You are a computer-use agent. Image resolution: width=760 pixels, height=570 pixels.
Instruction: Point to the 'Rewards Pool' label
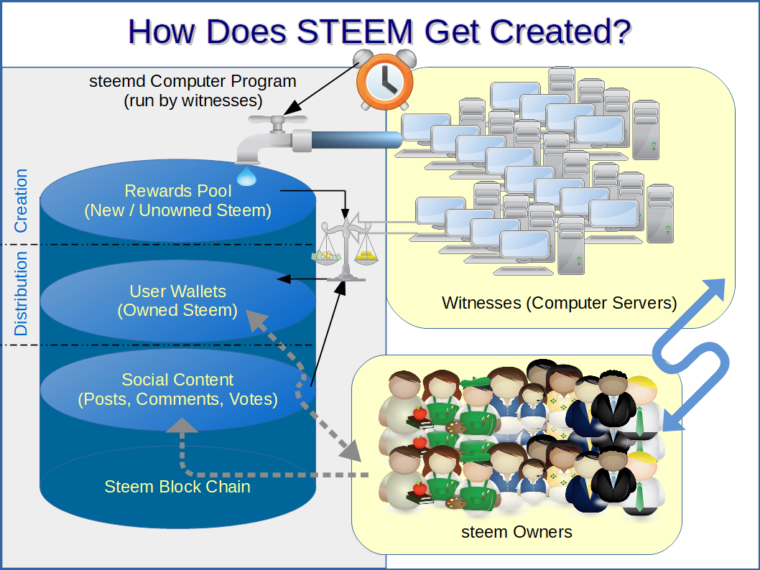click(x=178, y=191)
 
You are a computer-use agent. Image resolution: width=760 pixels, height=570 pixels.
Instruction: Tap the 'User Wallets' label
click(x=177, y=291)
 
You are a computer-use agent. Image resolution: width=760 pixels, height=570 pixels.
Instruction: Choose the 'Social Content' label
click(x=177, y=380)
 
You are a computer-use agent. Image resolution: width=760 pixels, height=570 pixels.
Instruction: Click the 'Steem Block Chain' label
click(x=177, y=487)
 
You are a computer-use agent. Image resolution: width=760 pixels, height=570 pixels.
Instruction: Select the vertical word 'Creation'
click(x=21, y=200)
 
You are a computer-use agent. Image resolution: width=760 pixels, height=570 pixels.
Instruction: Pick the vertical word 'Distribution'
click(x=21, y=294)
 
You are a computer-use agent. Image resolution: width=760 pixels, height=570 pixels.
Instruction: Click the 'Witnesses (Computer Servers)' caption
click(x=560, y=303)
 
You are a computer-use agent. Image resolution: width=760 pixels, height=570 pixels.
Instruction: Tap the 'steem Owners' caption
click(x=516, y=532)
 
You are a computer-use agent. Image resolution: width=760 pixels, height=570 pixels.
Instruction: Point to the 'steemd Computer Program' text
click(x=193, y=80)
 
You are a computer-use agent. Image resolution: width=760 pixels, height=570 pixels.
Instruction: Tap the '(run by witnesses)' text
click(x=193, y=100)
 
